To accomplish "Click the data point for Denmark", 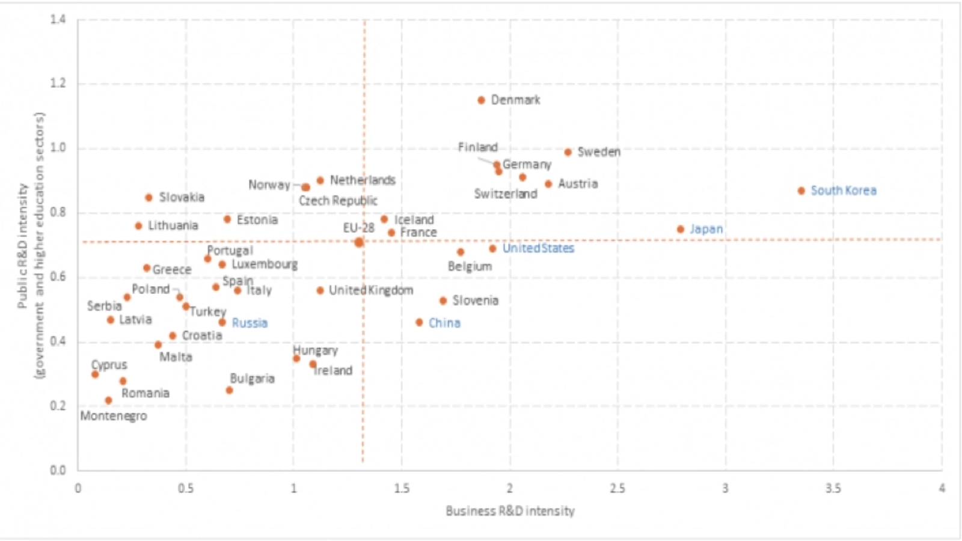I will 481,100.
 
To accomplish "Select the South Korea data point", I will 801,191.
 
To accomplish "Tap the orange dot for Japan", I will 680,230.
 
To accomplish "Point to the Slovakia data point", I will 149,198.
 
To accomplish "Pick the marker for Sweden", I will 568,152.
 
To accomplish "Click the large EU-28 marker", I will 359,242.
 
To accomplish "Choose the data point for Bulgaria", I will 229,391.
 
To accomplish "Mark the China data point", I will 419,323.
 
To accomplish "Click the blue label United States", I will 538,248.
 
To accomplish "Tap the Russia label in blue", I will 250,323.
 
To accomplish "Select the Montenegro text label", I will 114,416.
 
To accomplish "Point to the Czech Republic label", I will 338,201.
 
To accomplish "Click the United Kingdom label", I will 371,290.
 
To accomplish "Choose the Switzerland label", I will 506,194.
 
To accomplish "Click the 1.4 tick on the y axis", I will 58,19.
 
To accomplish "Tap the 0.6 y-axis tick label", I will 58,277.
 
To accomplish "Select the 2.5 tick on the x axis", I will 617,488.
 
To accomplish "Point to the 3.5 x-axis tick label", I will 833,488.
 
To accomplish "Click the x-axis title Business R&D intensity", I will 510,511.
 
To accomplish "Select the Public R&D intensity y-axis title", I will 23,246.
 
